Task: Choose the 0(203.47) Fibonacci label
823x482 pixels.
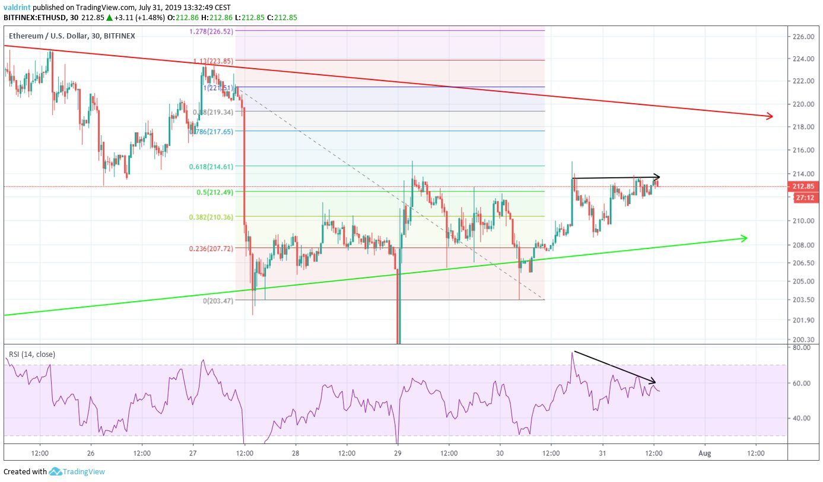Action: coord(219,301)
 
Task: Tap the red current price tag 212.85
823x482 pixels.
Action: coord(805,186)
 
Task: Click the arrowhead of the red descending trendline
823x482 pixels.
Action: coord(770,116)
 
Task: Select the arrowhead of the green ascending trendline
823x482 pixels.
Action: coord(743,238)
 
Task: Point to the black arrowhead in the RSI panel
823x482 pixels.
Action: coord(652,381)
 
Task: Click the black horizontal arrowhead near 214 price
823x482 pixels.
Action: coord(657,176)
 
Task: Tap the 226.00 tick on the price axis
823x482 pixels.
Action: coord(803,37)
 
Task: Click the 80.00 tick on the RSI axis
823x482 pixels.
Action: coord(801,347)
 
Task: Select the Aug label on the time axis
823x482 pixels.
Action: coord(704,453)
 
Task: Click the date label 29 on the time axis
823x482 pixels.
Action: coord(398,453)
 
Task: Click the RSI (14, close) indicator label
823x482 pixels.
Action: coord(31,355)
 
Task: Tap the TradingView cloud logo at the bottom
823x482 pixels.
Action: coord(56,472)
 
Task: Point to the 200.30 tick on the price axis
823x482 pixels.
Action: coord(803,340)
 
